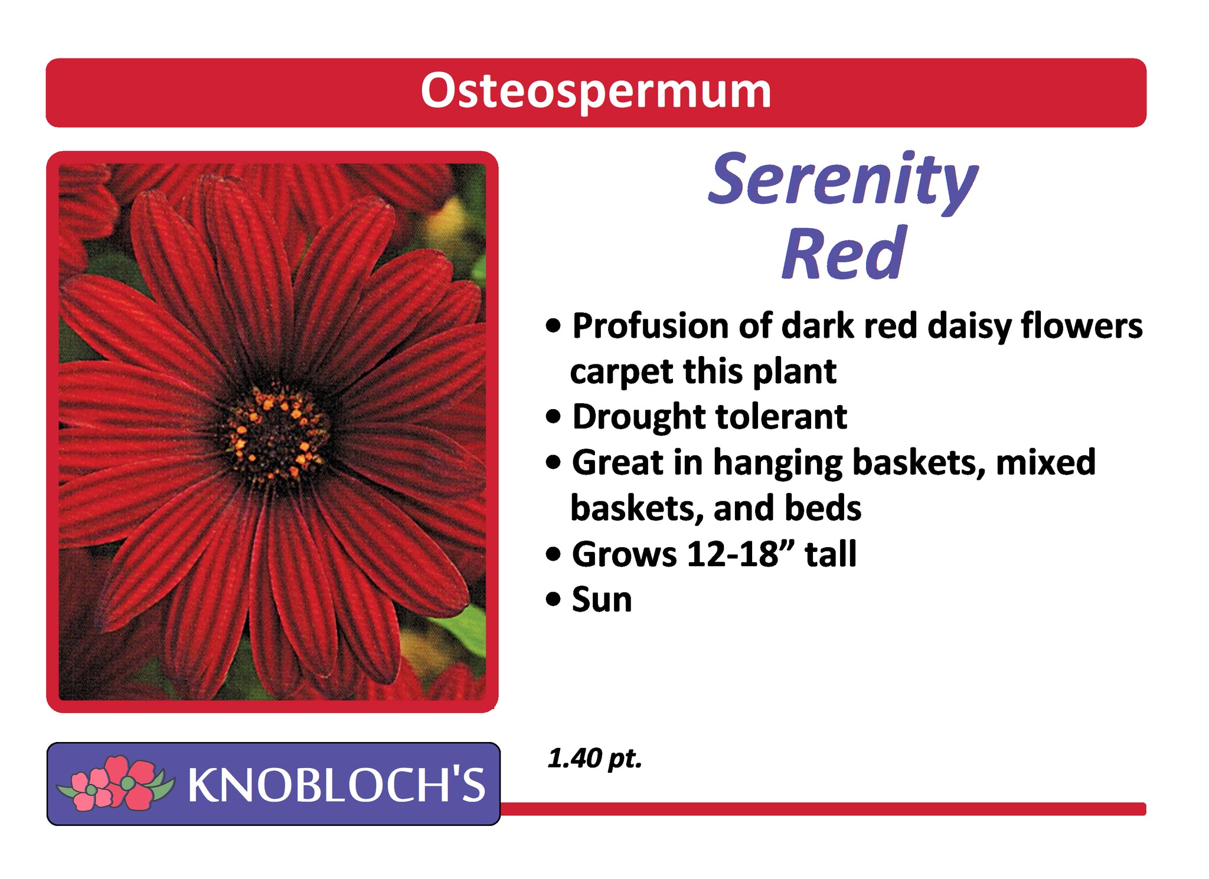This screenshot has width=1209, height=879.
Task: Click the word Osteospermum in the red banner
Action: [x=596, y=92]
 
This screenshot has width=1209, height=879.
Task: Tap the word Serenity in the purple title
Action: [x=842, y=180]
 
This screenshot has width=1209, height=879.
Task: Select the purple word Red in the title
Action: [x=844, y=253]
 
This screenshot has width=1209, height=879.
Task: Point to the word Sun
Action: [x=602, y=600]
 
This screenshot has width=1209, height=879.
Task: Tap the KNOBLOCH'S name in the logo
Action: [x=336, y=785]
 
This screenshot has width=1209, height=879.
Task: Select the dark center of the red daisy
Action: [x=276, y=433]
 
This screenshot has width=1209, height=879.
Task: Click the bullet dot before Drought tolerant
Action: [x=553, y=417]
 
